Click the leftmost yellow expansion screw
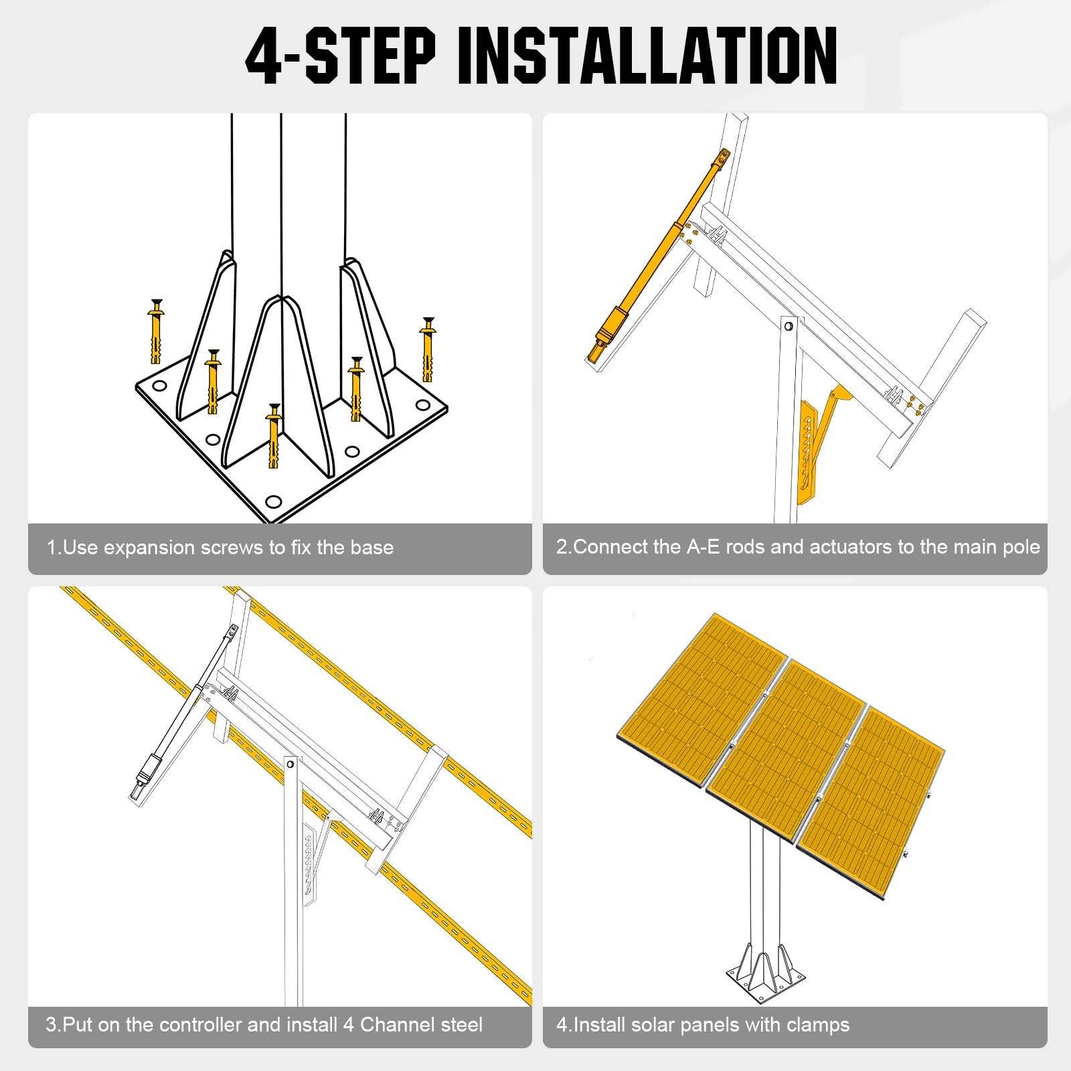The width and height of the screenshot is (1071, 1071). pyautogui.click(x=156, y=331)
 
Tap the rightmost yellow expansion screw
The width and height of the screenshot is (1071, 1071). pyautogui.click(x=428, y=349)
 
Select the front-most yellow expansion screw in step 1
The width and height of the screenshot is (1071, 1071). pyautogui.click(x=273, y=436)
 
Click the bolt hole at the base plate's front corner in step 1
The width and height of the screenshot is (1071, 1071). pyautogui.click(x=273, y=501)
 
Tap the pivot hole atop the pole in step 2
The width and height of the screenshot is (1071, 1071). pyautogui.click(x=789, y=326)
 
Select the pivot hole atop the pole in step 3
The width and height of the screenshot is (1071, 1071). pyautogui.click(x=291, y=764)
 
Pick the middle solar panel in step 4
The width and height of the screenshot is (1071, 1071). pyautogui.click(x=787, y=750)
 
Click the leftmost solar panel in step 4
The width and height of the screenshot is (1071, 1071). pyautogui.click(x=702, y=699)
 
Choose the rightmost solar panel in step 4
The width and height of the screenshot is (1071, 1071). pyautogui.click(x=870, y=803)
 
